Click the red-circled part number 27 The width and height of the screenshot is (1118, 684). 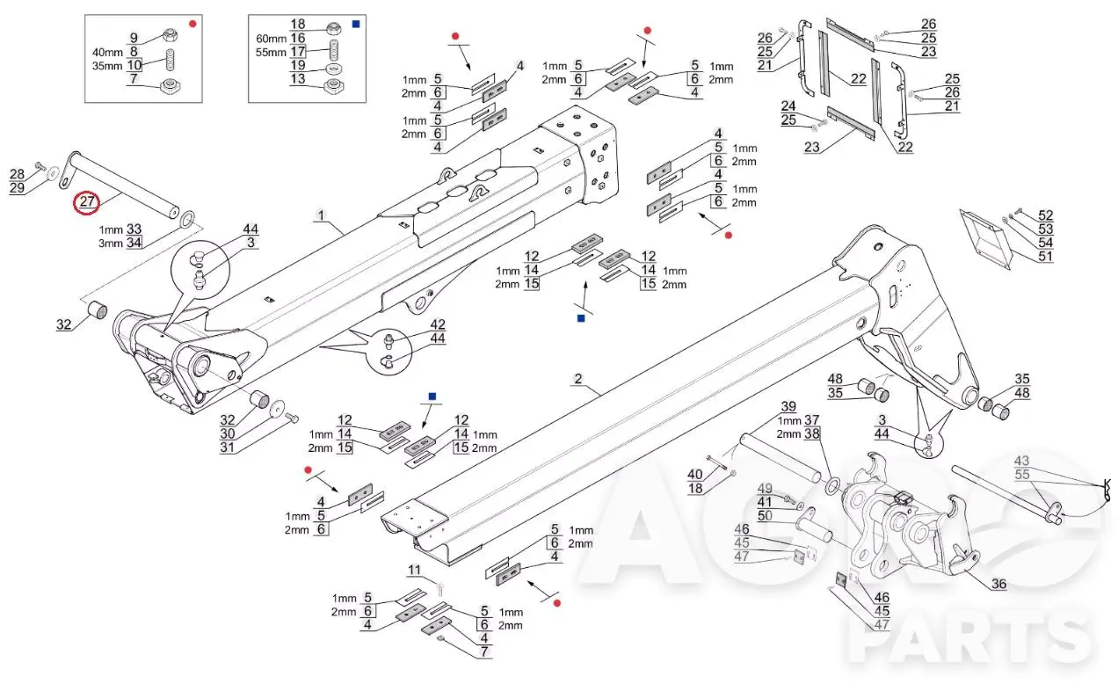[x=87, y=201]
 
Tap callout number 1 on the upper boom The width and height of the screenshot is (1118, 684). [x=321, y=215]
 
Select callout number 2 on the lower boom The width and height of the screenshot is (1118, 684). [x=578, y=379]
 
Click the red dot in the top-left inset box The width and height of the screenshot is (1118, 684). [x=192, y=24]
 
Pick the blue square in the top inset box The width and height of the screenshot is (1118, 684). [x=356, y=24]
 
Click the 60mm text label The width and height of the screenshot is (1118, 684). [x=271, y=39]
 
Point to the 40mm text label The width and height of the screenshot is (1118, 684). [x=107, y=52]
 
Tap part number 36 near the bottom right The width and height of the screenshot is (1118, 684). [x=998, y=584]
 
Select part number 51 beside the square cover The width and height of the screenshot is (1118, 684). [x=1045, y=256]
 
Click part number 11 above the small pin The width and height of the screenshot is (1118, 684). [x=414, y=570]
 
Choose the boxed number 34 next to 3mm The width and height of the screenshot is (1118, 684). [x=134, y=243]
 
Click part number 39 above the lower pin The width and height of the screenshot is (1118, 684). [x=788, y=406]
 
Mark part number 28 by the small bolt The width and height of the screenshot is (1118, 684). [x=17, y=174]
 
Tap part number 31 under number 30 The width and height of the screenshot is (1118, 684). [x=227, y=447]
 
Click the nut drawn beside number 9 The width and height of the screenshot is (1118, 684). [x=170, y=35]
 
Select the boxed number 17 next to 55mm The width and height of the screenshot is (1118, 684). [x=298, y=51]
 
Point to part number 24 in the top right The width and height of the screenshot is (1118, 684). [x=788, y=106]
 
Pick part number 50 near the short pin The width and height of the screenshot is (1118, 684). [x=765, y=515]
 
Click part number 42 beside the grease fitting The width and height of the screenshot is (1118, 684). [x=438, y=324]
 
